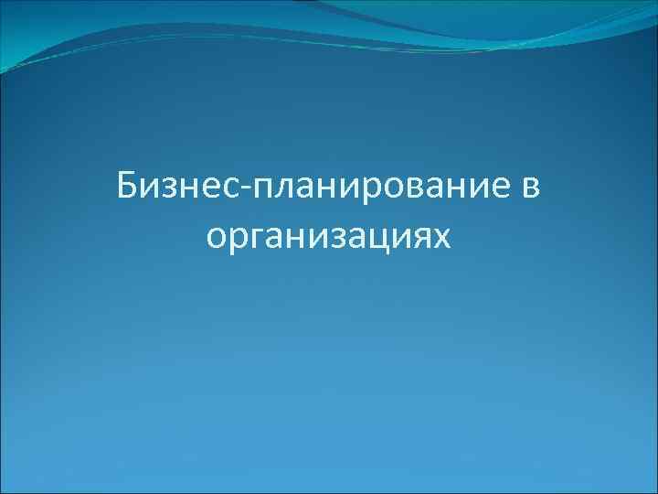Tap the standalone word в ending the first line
click(x=530, y=189)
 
